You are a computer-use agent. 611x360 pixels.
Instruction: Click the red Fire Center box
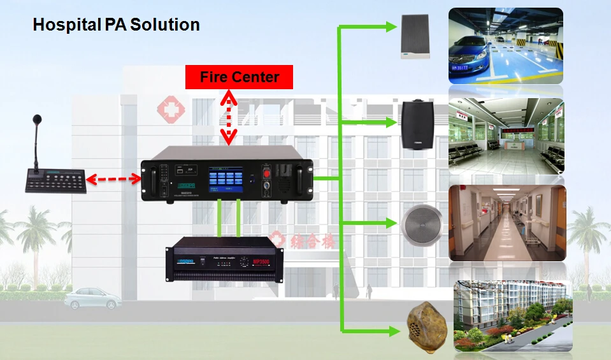(x=239, y=77)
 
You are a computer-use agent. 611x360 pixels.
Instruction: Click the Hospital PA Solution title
(x=116, y=25)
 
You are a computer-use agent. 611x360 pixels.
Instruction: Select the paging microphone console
(x=55, y=179)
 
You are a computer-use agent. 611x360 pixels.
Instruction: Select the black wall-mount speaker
(x=418, y=124)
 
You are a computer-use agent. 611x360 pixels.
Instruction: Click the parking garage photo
(x=506, y=46)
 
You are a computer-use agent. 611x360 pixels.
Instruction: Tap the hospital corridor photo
(x=507, y=223)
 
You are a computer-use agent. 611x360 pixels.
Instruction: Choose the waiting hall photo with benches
(x=506, y=131)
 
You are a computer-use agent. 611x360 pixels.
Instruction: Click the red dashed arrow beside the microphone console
(x=113, y=180)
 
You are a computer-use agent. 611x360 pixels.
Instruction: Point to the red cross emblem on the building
(x=171, y=110)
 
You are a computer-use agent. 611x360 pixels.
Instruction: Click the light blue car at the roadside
(x=92, y=298)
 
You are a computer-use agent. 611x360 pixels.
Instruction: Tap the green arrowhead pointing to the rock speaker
(x=392, y=331)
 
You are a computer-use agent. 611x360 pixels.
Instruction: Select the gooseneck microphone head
(x=37, y=120)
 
